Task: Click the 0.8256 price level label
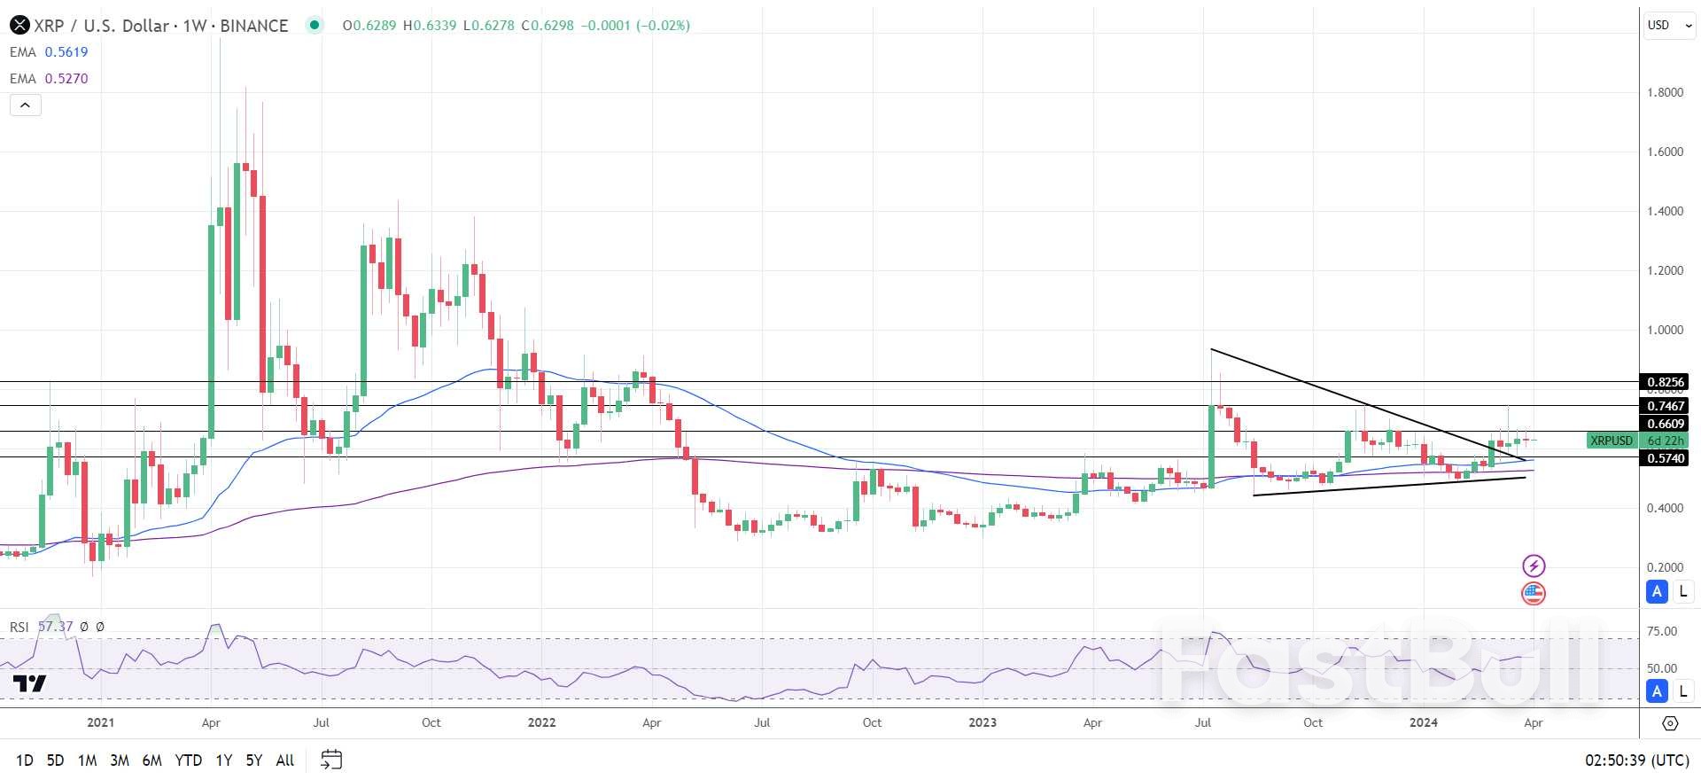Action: [x=1665, y=382]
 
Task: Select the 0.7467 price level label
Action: [x=1665, y=406]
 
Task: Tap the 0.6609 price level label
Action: [x=1665, y=424]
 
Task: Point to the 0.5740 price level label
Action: [x=1665, y=458]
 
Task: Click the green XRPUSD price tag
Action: [x=1611, y=441]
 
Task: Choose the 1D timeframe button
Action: [x=25, y=760]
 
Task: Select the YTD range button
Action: [x=188, y=760]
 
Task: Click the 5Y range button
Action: [x=253, y=760]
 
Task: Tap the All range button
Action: [x=284, y=760]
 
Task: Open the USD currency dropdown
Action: [x=1669, y=26]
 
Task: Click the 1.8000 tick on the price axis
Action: [x=1665, y=92]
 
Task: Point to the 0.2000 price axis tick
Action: [x=1665, y=567]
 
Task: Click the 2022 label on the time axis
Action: [x=541, y=722]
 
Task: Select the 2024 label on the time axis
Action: [x=1423, y=722]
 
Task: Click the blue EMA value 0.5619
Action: [x=66, y=52]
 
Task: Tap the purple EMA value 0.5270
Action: [x=66, y=79]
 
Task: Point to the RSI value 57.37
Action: [x=55, y=627]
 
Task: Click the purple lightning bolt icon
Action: [x=1534, y=565]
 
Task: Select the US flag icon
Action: [x=1534, y=593]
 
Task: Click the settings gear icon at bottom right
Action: [x=1670, y=723]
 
